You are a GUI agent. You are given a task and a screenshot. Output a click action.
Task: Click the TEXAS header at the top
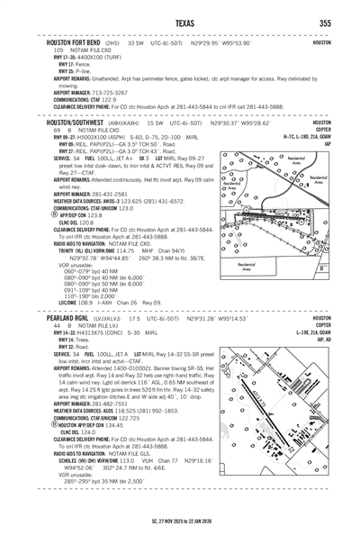coord(179,22)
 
